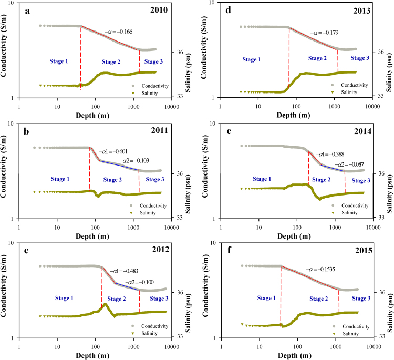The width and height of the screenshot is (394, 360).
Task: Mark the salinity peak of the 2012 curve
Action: pos(105,304)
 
